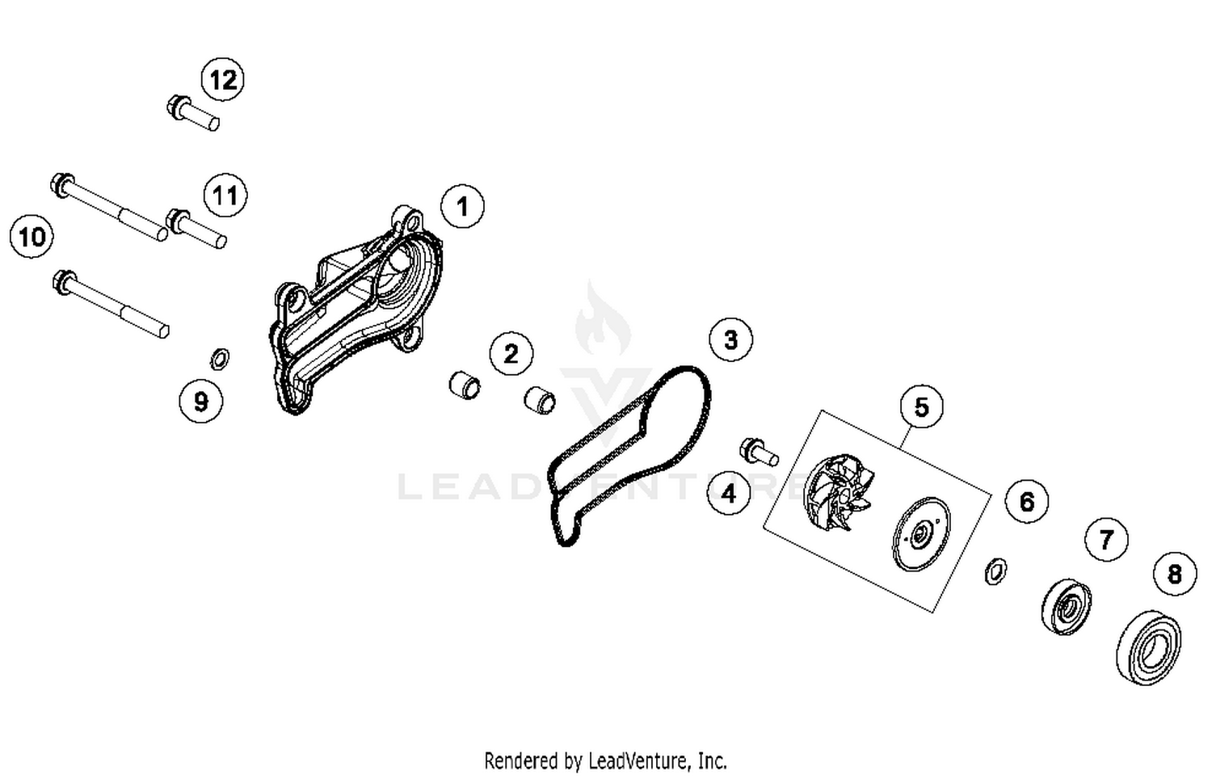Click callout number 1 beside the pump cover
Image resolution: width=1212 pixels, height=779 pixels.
[463, 206]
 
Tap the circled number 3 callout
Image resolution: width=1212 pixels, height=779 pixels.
[731, 339]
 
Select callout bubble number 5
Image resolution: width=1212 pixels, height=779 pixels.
[921, 406]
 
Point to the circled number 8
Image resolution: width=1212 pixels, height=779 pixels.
[1175, 574]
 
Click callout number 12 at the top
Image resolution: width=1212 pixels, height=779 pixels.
[223, 79]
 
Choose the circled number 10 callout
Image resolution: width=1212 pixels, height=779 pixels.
[32, 237]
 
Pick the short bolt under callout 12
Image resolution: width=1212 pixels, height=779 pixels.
[193, 113]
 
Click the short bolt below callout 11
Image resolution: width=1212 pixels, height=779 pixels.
[196, 229]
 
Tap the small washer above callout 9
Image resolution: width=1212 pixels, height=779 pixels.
[219, 359]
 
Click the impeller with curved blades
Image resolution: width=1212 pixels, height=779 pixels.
[837, 493]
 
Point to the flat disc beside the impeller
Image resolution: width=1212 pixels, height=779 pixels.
[921, 534]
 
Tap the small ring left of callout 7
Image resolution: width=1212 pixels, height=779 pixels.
[995, 571]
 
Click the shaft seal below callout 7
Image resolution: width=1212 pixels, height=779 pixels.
[1067, 606]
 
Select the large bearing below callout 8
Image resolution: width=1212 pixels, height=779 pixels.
[1148, 648]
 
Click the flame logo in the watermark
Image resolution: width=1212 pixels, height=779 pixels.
[603, 318]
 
